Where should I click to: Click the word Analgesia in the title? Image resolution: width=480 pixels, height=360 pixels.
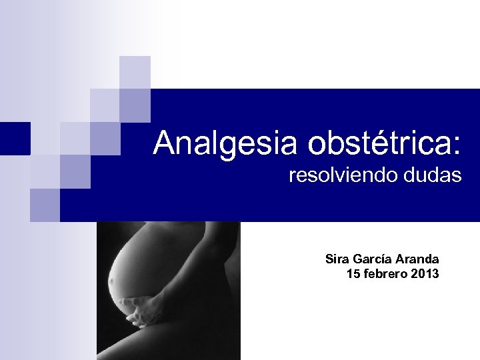coord(227,143)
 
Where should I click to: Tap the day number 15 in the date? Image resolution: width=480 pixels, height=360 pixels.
coord(353,273)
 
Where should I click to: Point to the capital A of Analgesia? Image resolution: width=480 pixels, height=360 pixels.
coord(164,143)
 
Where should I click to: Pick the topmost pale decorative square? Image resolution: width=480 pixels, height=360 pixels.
coord(135,71)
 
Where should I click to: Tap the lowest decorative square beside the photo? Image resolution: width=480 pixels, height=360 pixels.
coord(45,205)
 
